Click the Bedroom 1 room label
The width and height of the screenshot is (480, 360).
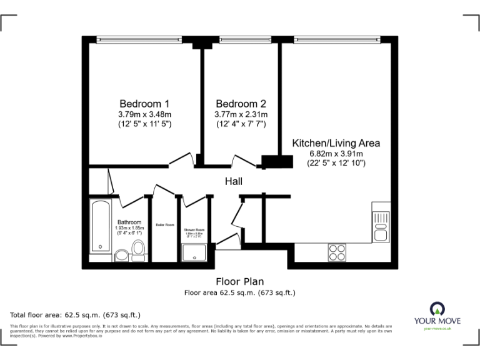click(x=144, y=104)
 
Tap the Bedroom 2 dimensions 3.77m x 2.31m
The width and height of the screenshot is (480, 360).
click(x=241, y=114)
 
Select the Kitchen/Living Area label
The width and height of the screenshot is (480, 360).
click(x=336, y=143)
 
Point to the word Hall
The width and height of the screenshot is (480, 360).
click(x=234, y=181)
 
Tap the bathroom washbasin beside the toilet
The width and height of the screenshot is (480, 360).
click(x=121, y=256)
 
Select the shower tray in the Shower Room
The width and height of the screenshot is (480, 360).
click(x=194, y=252)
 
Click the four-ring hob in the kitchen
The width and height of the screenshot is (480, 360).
click(x=337, y=252)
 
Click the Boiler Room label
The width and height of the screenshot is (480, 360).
click(x=165, y=225)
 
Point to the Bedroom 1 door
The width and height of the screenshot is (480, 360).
click(x=181, y=161)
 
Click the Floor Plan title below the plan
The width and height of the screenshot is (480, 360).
click(x=239, y=281)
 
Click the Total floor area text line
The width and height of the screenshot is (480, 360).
click(x=76, y=314)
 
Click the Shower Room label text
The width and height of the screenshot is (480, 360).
click(x=194, y=229)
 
